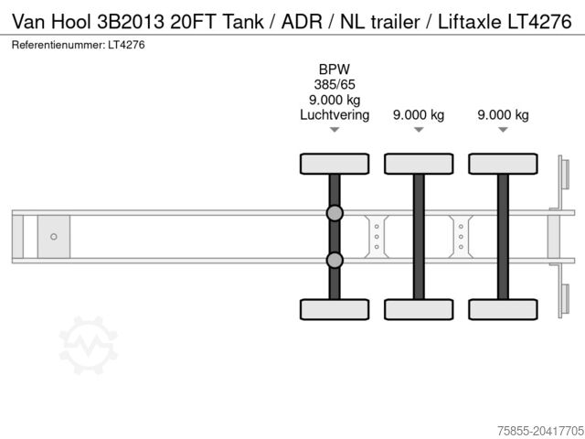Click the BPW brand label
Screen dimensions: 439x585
(335, 70)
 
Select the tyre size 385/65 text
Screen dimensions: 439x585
(335, 84)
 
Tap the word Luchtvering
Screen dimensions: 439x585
(335, 114)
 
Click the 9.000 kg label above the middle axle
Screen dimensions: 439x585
(419, 114)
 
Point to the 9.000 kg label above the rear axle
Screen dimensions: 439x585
(503, 114)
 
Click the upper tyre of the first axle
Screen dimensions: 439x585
(335, 164)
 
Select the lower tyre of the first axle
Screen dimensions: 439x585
(335, 308)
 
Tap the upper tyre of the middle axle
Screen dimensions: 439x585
(419, 164)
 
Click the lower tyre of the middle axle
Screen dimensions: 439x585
(419, 308)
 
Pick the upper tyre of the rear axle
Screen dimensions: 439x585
(503, 164)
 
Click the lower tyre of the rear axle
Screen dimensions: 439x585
(503, 308)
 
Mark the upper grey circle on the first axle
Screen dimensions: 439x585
(335, 214)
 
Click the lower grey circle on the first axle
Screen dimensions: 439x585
(335, 261)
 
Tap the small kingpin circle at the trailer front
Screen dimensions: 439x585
(54, 237)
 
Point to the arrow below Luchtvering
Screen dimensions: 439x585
(335, 131)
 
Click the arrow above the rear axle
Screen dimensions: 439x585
(503, 131)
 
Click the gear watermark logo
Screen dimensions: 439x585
(89, 346)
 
